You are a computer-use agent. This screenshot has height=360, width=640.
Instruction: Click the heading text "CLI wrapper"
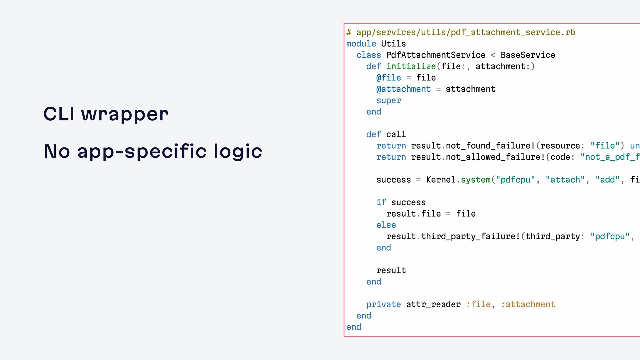[106, 114]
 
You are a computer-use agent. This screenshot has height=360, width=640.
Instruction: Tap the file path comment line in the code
[461, 32]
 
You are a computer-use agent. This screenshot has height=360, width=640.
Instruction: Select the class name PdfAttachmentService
[436, 55]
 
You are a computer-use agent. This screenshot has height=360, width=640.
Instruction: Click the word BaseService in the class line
[528, 55]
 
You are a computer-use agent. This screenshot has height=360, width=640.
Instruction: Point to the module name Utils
[393, 44]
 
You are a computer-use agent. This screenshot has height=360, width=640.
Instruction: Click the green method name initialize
[411, 66]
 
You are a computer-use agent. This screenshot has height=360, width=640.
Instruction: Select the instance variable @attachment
[403, 89]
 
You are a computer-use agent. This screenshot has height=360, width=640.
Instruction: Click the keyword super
[389, 100]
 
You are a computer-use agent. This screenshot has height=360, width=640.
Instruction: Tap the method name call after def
[396, 134]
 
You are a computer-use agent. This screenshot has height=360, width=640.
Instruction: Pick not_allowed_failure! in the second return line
[495, 157]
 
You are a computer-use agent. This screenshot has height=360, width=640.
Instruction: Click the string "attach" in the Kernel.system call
[565, 180]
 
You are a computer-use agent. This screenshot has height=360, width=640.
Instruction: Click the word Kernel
[441, 180]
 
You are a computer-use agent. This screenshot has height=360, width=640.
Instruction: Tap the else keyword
[386, 225]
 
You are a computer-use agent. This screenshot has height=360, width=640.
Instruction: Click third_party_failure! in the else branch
[471, 236]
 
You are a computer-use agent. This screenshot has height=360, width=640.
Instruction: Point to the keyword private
[384, 304]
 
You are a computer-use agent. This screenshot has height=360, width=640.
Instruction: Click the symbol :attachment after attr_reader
[528, 304]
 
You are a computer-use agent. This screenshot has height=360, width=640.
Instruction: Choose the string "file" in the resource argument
[605, 146]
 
